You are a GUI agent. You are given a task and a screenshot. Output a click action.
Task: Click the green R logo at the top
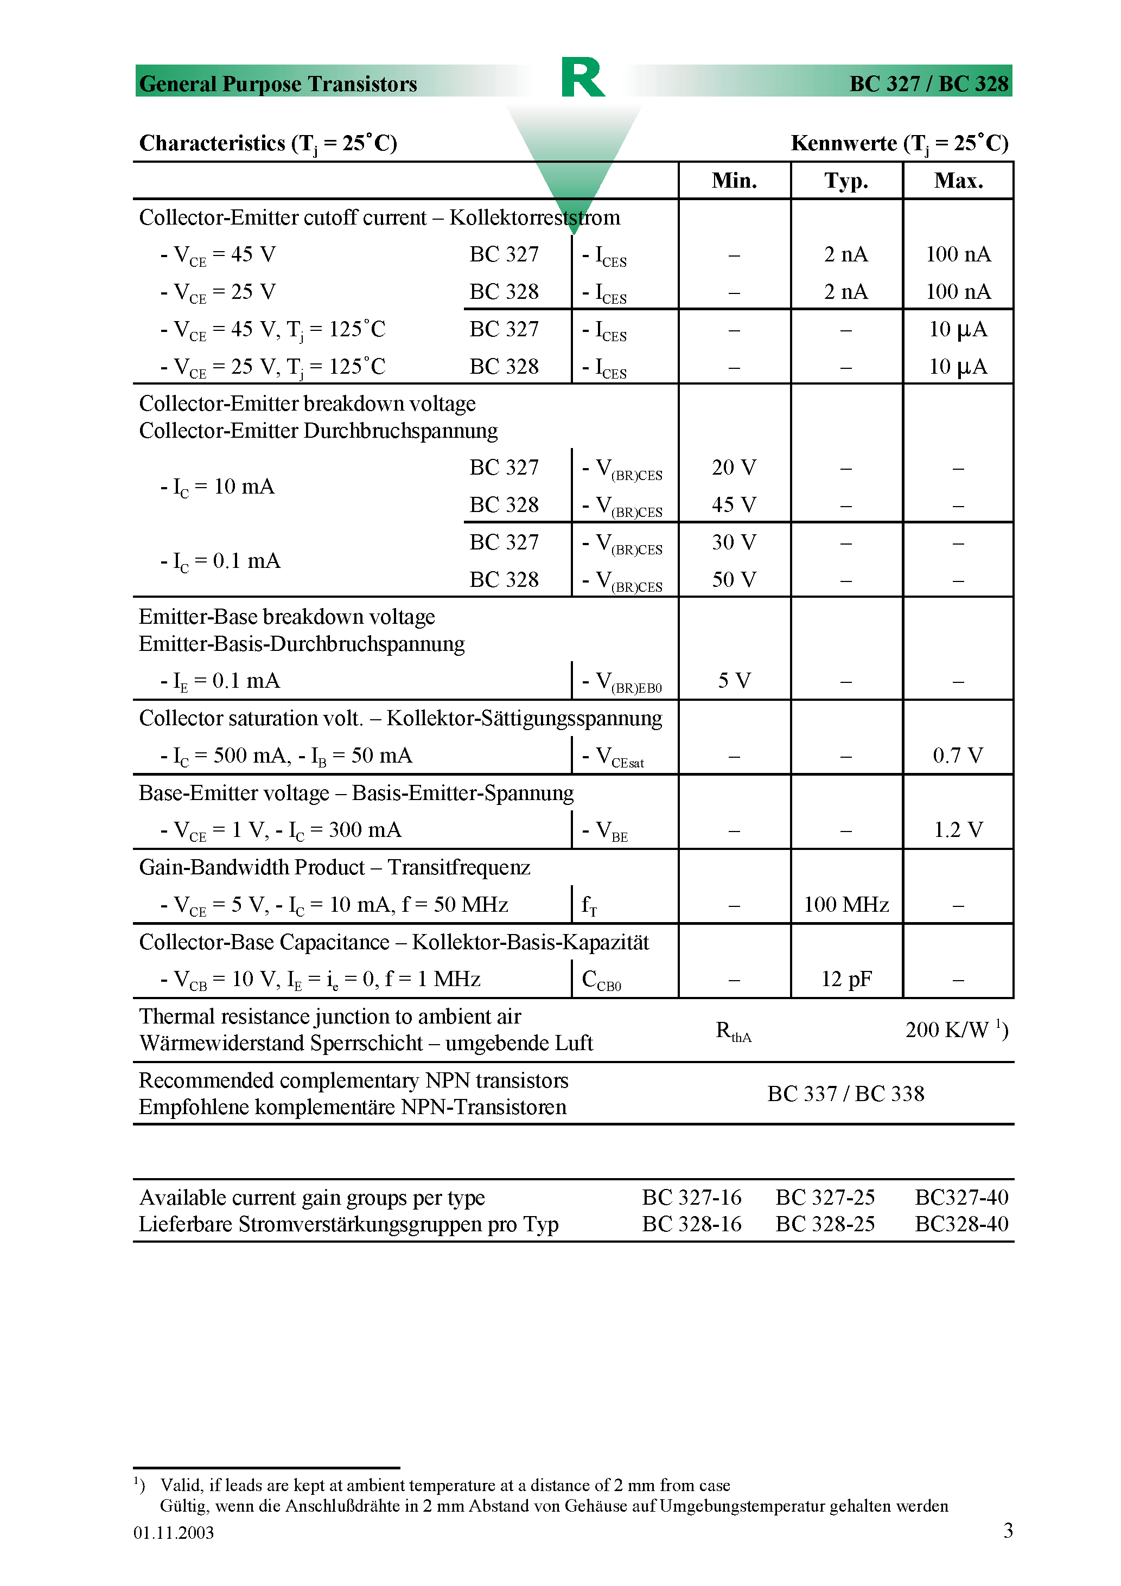point(583,78)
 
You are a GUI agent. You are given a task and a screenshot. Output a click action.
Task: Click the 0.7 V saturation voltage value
point(958,755)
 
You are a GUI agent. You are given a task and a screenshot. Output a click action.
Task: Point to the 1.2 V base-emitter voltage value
point(958,829)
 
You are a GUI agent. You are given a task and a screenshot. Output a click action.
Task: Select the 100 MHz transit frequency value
point(846,904)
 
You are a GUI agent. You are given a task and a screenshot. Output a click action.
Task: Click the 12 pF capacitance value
point(846,979)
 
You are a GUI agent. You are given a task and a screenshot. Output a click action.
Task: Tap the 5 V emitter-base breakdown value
point(734,680)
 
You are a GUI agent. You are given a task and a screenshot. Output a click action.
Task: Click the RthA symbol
point(733,1031)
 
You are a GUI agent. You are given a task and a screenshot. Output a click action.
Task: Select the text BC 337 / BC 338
point(845,1093)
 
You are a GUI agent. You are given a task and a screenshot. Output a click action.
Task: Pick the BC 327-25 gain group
point(825,1197)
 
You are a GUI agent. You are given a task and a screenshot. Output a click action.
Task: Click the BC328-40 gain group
point(961,1223)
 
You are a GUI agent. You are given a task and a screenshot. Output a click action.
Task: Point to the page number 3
point(1008,1530)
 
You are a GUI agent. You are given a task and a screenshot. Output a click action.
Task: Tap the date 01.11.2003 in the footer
point(174,1532)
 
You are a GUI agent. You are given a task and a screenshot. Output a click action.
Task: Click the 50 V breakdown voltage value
point(734,579)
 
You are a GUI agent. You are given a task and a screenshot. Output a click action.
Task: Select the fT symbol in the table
point(589,905)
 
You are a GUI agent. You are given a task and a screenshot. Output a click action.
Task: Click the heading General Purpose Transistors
point(278,84)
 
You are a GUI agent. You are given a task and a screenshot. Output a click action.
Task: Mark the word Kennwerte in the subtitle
point(843,143)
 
